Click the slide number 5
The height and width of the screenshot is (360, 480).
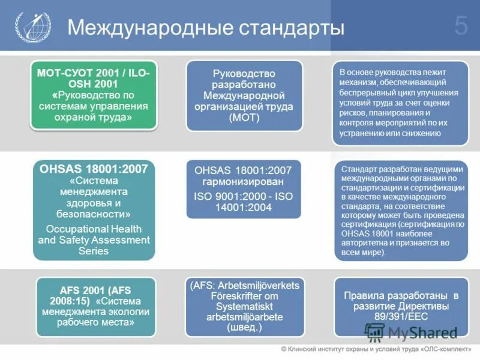tap(461, 26)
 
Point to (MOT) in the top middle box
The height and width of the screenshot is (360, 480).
tap(243, 118)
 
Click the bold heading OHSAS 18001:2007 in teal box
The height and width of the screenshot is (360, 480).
tap(94, 169)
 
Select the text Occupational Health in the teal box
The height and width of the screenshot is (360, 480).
tap(94, 229)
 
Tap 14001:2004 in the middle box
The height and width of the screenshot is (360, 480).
tap(243, 208)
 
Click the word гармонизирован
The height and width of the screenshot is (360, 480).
tap(243, 182)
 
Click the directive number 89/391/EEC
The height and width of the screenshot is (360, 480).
tap(401, 317)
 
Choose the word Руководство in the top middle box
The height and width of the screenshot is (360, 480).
tap(243, 73)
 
